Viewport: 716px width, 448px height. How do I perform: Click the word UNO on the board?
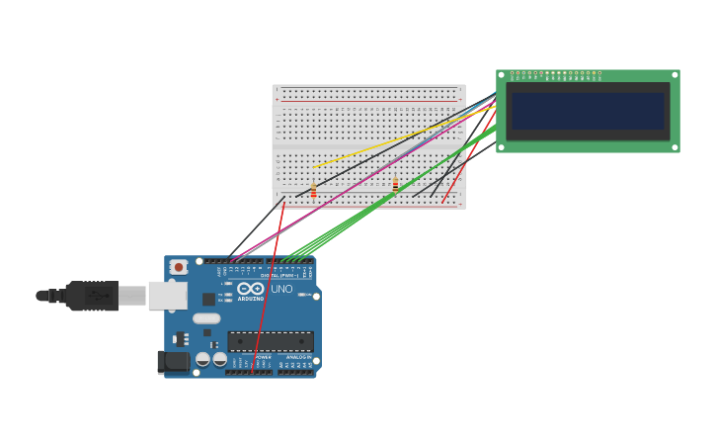(281, 289)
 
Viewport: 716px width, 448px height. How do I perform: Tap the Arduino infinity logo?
(250, 288)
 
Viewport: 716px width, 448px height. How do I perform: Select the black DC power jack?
(174, 362)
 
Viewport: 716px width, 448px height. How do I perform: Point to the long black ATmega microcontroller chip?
(271, 341)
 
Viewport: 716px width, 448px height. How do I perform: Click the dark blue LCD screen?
(588, 111)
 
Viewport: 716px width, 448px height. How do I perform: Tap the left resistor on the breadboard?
(313, 191)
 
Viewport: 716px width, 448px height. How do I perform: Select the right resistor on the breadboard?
(395, 184)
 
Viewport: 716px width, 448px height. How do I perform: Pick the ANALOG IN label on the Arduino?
(297, 357)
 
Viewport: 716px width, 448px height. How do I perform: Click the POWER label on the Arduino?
(249, 357)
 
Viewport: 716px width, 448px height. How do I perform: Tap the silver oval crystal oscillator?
(206, 318)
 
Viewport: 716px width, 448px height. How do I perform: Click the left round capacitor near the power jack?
(202, 359)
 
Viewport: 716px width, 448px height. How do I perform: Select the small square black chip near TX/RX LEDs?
(208, 299)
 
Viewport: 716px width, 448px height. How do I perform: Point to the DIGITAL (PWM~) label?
(281, 275)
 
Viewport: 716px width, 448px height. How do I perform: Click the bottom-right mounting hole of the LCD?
(675, 147)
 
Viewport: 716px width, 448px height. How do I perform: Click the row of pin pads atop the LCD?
(556, 73)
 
